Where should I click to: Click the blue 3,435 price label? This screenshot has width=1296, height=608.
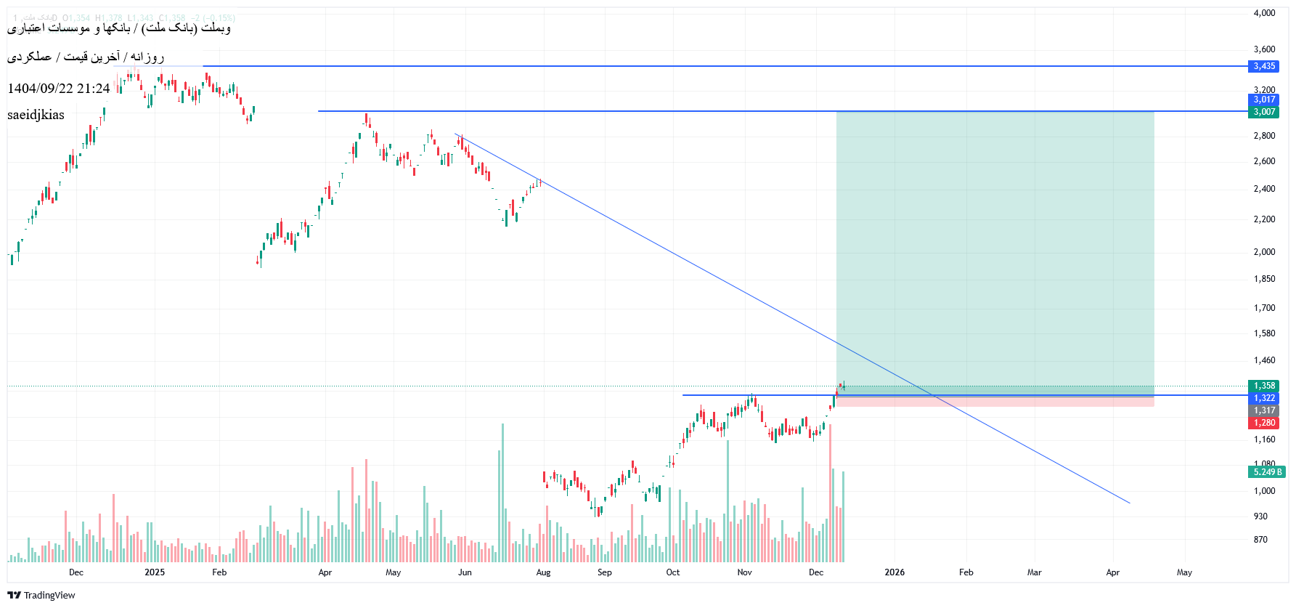pyautogui.click(x=1264, y=66)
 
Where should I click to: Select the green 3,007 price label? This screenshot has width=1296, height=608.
pyautogui.click(x=1264, y=112)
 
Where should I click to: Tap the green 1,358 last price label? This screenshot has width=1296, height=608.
pyautogui.click(x=1264, y=386)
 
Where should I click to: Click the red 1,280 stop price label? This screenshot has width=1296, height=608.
pyautogui.click(x=1264, y=423)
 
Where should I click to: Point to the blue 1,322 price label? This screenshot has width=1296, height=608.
pyautogui.click(x=1264, y=398)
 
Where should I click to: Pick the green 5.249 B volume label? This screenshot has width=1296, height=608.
pyautogui.click(x=1267, y=472)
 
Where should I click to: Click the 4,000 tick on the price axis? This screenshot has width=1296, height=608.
pyautogui.click(x=1264, y=13)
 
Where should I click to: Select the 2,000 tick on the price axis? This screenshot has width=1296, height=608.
pyautogui.click(x=1264, y=252)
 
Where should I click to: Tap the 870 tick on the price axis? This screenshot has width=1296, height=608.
pyautogui.click(x=1260, y=540)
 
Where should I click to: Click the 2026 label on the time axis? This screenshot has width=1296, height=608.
pyautogui.click(x=894, y=572)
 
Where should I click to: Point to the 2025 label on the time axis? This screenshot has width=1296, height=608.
pyautogui.click(x=155, y=572)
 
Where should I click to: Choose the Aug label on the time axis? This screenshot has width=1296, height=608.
pyautogui.click(x=543, y=572)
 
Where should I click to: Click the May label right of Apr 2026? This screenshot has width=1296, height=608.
pyautogui.click(x=1184, y=572)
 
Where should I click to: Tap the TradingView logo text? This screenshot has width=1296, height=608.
pyautogui.click(x=49, y=596)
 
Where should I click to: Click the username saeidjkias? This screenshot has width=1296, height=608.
pyautogui.click(x=36, y=115)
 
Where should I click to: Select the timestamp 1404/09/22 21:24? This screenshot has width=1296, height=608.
pyautogui.click(x=59, y=89)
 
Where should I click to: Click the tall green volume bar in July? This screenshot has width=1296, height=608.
pyautogui.click(x=502, y=494)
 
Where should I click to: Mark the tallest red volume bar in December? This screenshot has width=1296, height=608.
pyautogui.click(x=829, y=494)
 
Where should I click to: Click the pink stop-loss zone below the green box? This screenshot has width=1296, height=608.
pyautogui.click(x=995, y=402)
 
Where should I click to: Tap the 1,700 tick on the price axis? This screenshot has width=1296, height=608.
pyautogui.click(x=1264, y=308)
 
